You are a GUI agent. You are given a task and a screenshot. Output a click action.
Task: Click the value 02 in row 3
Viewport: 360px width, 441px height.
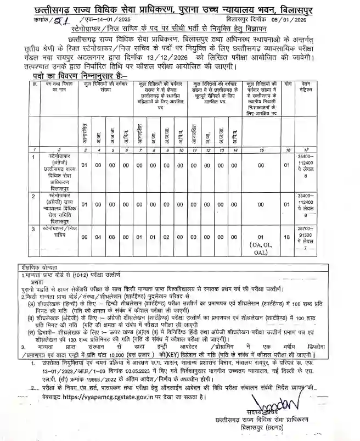tap(167, 237)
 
